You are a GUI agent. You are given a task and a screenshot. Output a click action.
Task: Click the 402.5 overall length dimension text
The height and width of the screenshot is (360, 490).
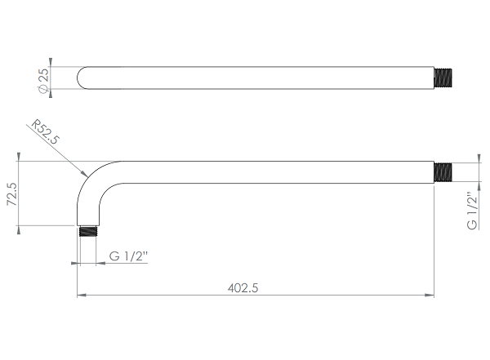[243, 288]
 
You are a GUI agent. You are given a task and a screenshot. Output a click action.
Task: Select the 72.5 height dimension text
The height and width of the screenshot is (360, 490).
[12, 194]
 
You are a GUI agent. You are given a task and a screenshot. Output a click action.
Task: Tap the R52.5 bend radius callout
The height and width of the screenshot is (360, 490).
[46, 131]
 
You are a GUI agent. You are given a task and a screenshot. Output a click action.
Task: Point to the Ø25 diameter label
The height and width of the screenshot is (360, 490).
[43, 80]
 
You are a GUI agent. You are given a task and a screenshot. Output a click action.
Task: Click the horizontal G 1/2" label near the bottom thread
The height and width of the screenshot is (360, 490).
[128, 256]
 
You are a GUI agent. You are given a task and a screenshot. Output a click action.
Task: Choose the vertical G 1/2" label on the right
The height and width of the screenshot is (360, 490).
[472, 211]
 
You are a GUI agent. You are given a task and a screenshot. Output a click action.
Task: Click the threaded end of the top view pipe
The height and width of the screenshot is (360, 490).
[443, 78]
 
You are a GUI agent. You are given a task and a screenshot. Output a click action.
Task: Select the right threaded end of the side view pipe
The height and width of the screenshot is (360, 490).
[443, 172]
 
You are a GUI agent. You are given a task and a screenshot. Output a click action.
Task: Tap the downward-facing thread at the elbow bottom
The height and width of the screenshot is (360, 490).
[88, 231]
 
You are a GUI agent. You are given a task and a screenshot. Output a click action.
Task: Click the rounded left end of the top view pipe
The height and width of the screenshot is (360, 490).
[82, 78]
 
